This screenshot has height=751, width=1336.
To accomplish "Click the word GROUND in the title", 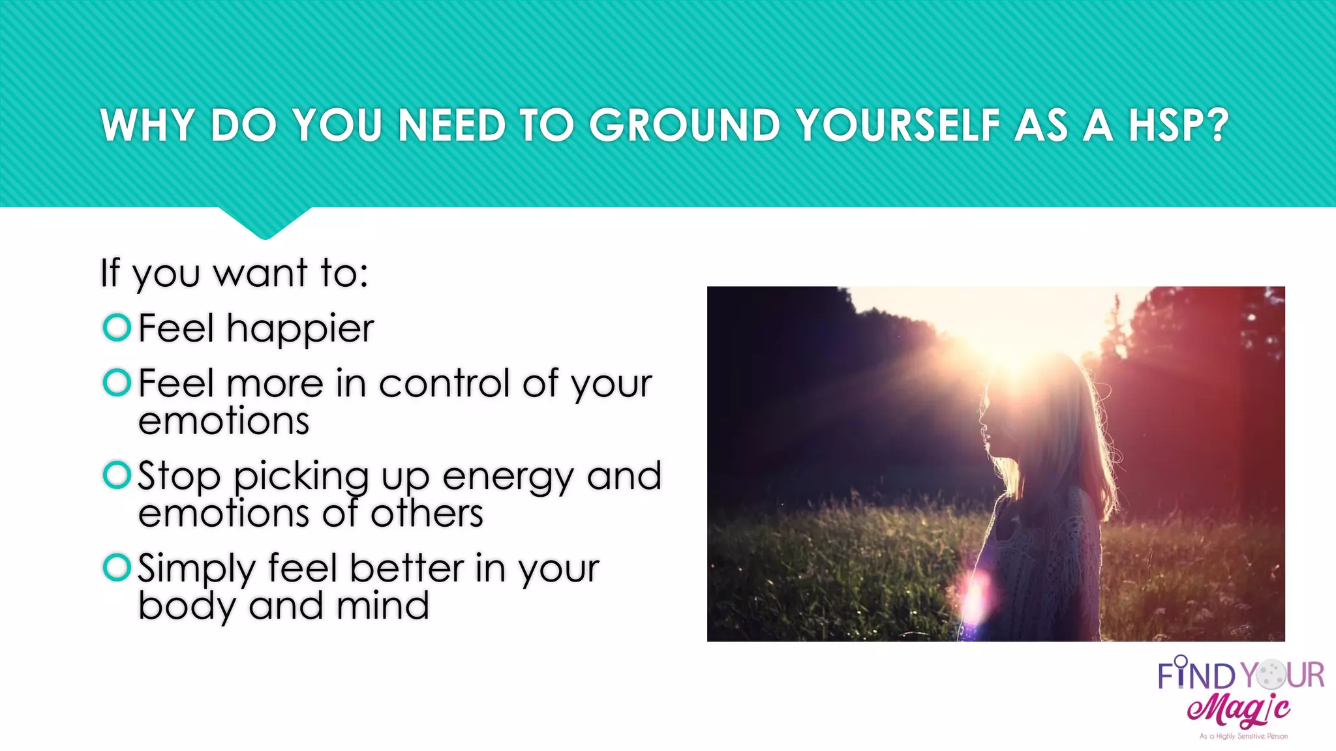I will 684,125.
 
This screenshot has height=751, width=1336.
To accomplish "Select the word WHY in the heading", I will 147,125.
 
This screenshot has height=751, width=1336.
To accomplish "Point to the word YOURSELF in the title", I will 899,125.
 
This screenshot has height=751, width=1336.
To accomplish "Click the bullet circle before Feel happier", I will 117,327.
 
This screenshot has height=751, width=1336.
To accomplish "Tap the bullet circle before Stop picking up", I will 117,475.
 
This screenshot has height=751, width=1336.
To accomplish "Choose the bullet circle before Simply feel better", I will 117,567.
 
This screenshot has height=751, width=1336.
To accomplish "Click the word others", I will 427,514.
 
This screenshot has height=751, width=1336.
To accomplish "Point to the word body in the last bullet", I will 187,606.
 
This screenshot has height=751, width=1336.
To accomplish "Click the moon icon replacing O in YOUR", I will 1271,674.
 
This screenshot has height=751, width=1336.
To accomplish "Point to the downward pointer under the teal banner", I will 265,224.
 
